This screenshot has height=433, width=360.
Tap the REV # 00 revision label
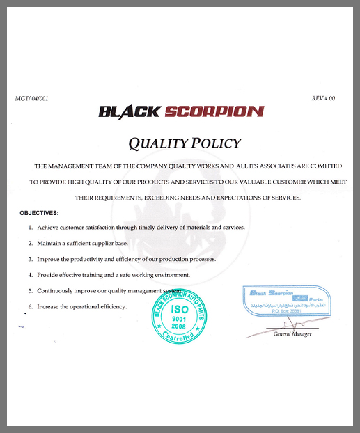click(323, 98)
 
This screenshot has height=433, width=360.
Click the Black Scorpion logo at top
click(180, 111)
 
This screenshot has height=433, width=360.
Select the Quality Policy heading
click(185, 143)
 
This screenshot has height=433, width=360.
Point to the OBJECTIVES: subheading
click(39, 212)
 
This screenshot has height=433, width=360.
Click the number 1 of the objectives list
click(30, 228)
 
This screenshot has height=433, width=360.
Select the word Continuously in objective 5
click(58, 290)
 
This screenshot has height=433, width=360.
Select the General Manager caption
click(292, 334)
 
